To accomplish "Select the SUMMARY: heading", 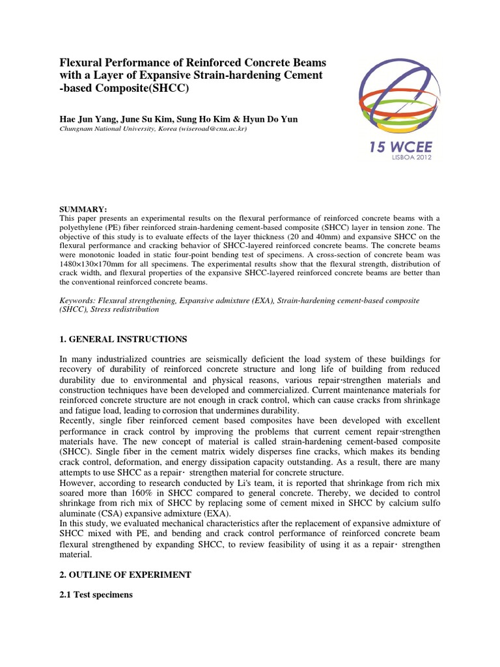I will pyautogui.click(x=82, y=208).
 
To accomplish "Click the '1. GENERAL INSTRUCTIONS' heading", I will pyautogui.click(x=124, y=339).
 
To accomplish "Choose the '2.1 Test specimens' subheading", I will pyautogui.click(x=96, y=594).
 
